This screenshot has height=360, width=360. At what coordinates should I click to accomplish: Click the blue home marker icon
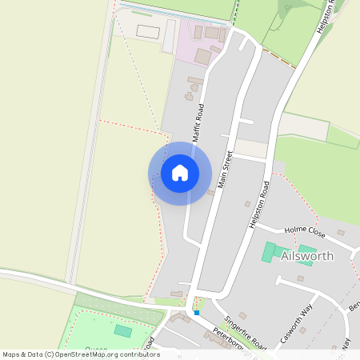click(180, 173)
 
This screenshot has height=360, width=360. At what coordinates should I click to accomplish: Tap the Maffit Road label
click(198, 122)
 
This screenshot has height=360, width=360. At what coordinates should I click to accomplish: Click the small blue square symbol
click(196, 312)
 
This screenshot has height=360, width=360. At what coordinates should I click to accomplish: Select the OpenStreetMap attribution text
click(81, 354)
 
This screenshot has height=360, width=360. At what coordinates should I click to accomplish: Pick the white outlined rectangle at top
click(148, 31)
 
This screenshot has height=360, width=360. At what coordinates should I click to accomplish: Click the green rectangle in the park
click(122, 330)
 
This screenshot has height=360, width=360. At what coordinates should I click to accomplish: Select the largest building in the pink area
click(203, 57)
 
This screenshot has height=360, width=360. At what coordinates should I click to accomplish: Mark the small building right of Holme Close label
click(341, 233)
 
